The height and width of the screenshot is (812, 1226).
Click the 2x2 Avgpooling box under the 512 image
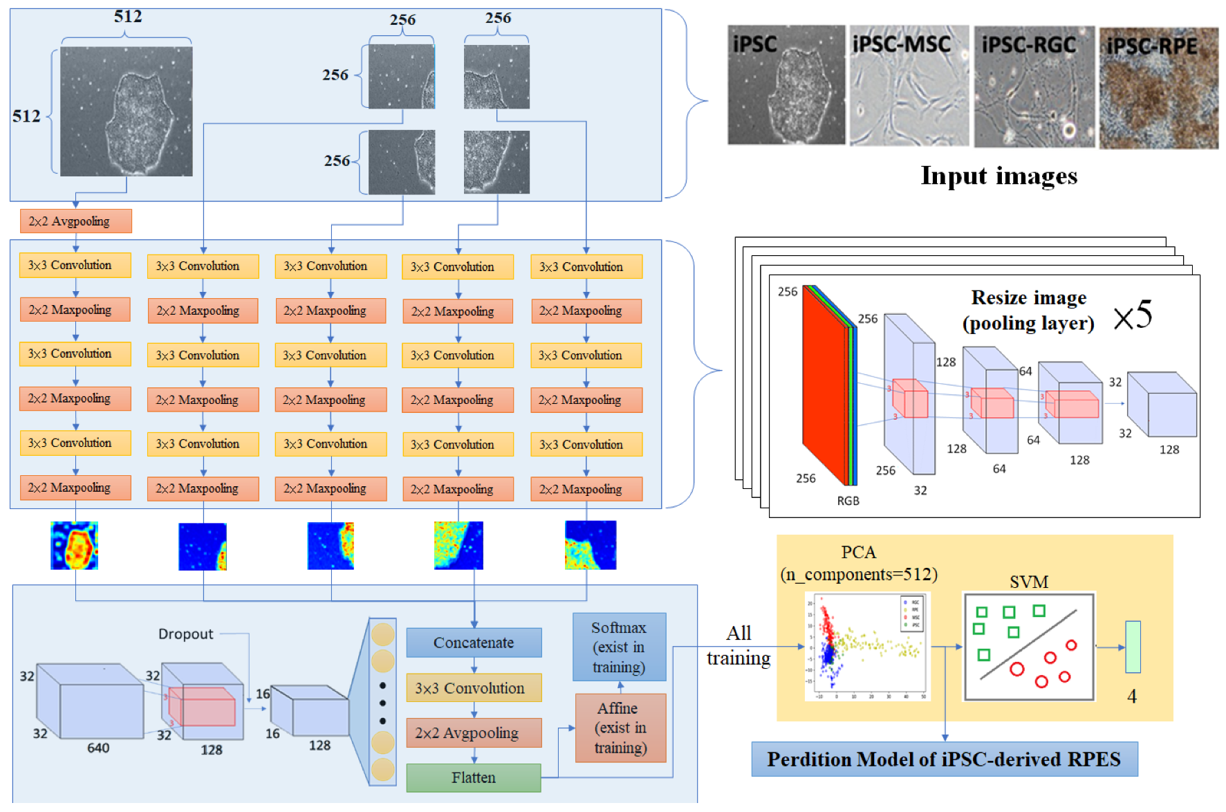pos(75,221)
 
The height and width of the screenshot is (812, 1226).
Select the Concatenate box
pos(474,643)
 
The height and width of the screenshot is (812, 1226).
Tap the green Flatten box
pos(474,777)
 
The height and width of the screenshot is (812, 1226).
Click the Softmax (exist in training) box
pos(619,647)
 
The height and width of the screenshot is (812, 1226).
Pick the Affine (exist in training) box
pos(620,728)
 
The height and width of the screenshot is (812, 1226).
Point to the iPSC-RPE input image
pos(1159,88)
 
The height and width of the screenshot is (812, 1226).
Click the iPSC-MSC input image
pos(909,86)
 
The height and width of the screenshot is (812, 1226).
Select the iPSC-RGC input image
pos(1034,87)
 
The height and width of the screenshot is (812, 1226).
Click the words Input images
pos(999,176)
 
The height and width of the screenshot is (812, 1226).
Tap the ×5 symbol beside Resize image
pos(1133,315)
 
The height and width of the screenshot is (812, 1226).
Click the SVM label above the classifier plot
pos(1028,582)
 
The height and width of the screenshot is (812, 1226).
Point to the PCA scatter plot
pos(867,646)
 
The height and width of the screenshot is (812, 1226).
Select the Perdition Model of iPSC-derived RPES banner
pos(944,759)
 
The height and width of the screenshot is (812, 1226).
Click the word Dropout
pos(185,634)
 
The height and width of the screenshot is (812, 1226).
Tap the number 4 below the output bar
pos(1132,696)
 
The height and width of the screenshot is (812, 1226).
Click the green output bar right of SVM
pos(1133,647)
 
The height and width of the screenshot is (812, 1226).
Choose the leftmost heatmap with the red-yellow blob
pos(75,546)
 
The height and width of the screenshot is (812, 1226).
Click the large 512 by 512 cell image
pos(126,111)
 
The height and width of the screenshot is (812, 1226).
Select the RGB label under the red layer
pos(848,501)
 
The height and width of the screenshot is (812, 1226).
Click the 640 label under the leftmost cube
pos(98,748)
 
